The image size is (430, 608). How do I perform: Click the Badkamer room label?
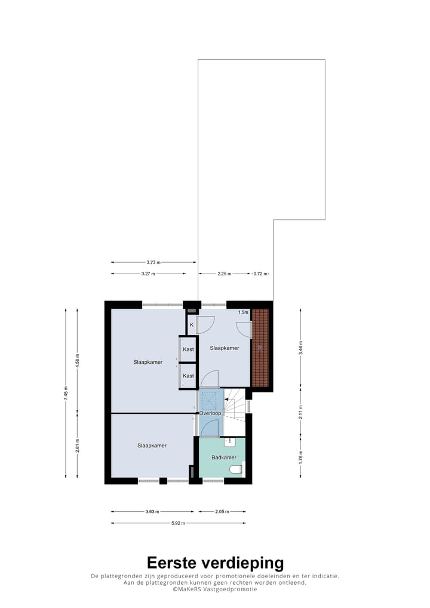[x=224, y=457]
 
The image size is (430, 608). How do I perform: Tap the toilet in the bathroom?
[x=236, y=469]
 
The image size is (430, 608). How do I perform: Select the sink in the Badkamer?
[x=230, y=442]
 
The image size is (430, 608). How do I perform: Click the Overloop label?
[x=210, y=413]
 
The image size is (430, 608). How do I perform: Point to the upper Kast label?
[x=188, y=349]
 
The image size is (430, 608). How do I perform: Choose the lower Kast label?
[x=188, y=376]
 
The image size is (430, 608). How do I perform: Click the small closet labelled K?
[x=191, y=325]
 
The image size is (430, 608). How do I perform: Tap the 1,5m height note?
[x=243, y=312]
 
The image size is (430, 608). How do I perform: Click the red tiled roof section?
[x=260, y=348]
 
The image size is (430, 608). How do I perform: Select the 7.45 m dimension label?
[x=66, y=392]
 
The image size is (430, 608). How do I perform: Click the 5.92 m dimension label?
[x=178, y=523]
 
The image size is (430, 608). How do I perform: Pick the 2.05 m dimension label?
[x=221, y=511]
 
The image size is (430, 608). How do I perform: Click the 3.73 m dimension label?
[x=153, y=262]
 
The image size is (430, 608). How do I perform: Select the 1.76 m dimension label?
[x=300, y=457]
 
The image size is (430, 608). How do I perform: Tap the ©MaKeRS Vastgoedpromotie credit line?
[x=215, y=589]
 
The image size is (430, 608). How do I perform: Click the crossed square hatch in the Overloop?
[x=210, y=399]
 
